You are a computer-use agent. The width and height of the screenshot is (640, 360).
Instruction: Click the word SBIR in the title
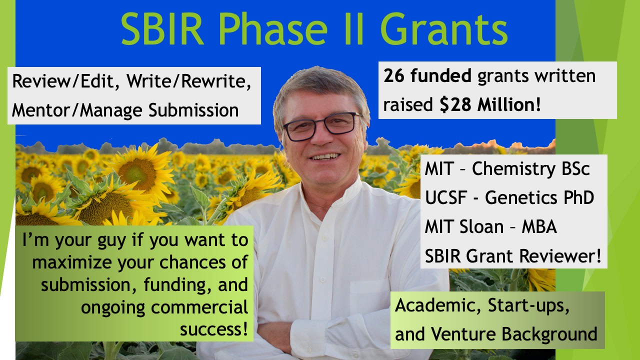point(162,29)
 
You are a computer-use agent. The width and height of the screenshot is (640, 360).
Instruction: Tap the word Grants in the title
point(444,29)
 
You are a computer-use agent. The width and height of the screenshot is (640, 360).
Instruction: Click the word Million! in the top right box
point(509,104)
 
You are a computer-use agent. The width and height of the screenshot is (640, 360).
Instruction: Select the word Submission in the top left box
point(193,110)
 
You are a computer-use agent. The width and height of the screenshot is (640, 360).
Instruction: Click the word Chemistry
point(513,169)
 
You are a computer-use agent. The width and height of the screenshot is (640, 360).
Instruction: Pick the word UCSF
point(446,197)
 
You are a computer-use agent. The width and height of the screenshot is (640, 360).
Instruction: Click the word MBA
point(539,227)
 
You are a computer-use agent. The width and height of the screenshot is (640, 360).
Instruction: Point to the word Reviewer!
point(560,256)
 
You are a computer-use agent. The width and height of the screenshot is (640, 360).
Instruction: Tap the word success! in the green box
point(214,329)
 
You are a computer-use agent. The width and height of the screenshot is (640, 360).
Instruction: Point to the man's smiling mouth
point(325,157)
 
